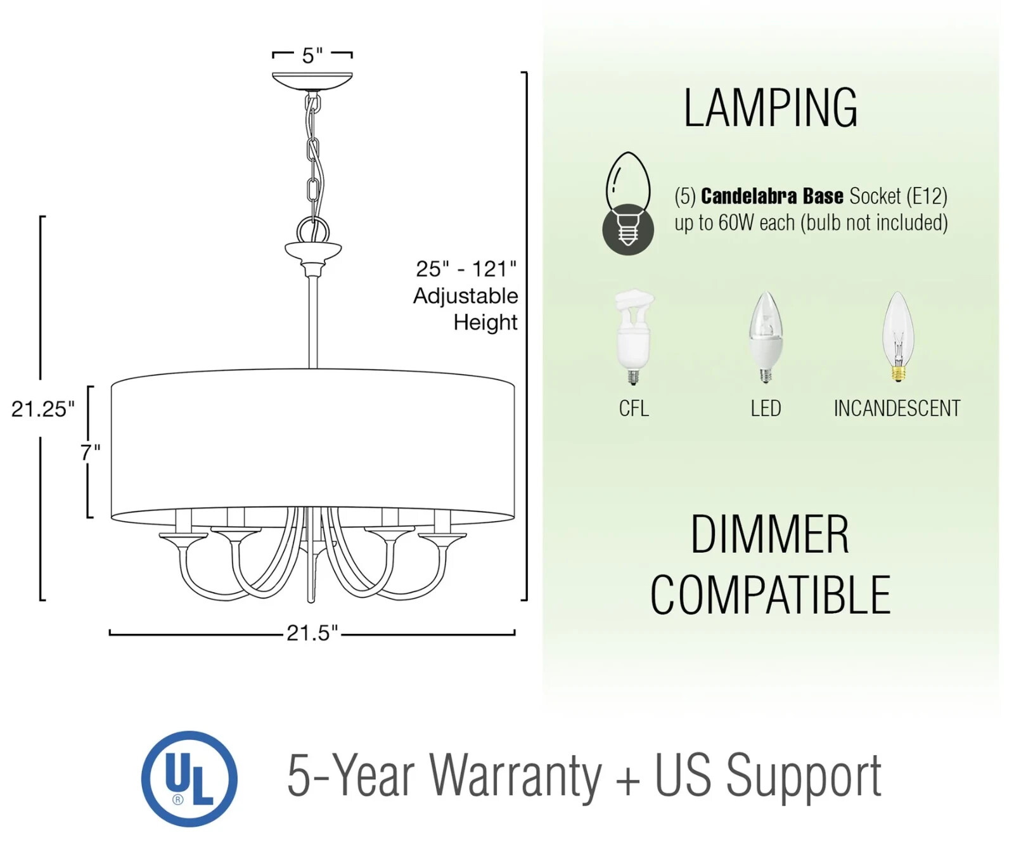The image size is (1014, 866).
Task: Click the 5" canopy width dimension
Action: tap(312, 56)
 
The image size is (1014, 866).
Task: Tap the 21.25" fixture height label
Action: tap(42, 409)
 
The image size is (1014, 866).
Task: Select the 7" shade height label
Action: tap(90, 452)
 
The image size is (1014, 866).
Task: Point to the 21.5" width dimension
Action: tap(312, 633)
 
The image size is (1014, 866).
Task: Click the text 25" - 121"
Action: tap(466, 269)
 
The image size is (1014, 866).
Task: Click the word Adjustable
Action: tap(466, 296)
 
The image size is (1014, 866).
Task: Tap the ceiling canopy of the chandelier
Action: tap(312, 80)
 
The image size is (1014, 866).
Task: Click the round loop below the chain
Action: tap(313, 229)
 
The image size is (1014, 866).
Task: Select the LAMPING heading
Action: tap(770, 108)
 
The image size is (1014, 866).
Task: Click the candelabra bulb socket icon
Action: tap(627, 204)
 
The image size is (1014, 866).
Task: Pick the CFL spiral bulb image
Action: tap(634, 336)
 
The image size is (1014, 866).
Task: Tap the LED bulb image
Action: tap(766, 336)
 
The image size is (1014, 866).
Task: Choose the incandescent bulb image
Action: tap(897, 336)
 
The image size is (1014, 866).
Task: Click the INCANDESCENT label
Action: tap(897, 408)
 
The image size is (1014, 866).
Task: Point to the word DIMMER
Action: tap(769, 535)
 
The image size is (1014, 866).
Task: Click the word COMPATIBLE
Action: tap(770, 595)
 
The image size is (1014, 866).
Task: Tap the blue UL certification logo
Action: tap(189, 779)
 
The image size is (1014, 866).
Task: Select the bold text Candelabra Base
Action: tap(771, 196)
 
